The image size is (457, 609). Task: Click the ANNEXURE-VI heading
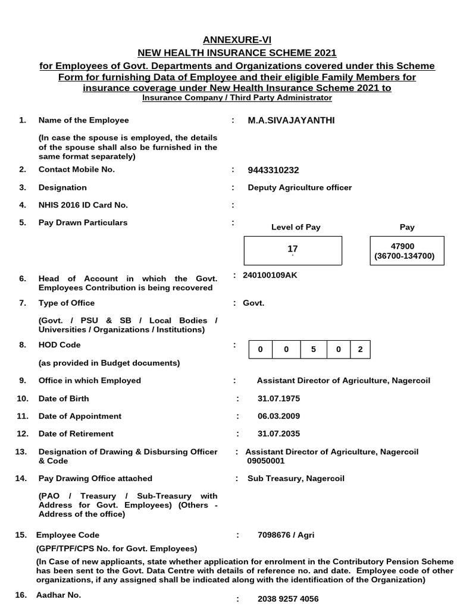[228, 40]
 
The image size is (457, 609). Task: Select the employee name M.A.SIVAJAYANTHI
[291, 121]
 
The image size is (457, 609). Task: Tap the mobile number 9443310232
[273, 170]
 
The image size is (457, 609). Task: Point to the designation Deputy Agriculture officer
[299, 187]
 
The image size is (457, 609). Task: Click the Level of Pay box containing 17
[293, 250]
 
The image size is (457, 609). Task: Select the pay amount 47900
[407, 246]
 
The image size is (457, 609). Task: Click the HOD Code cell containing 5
[313, 350]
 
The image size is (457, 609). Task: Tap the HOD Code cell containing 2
[359, 350]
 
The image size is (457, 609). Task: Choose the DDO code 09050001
[266, 461]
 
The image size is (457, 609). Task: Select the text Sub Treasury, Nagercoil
[296, 478]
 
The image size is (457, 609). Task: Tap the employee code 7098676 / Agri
[286, 535]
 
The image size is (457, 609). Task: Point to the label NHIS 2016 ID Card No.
[83, 205]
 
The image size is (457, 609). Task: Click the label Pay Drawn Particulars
[83, 222]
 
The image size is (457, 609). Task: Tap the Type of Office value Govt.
[253, 303]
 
